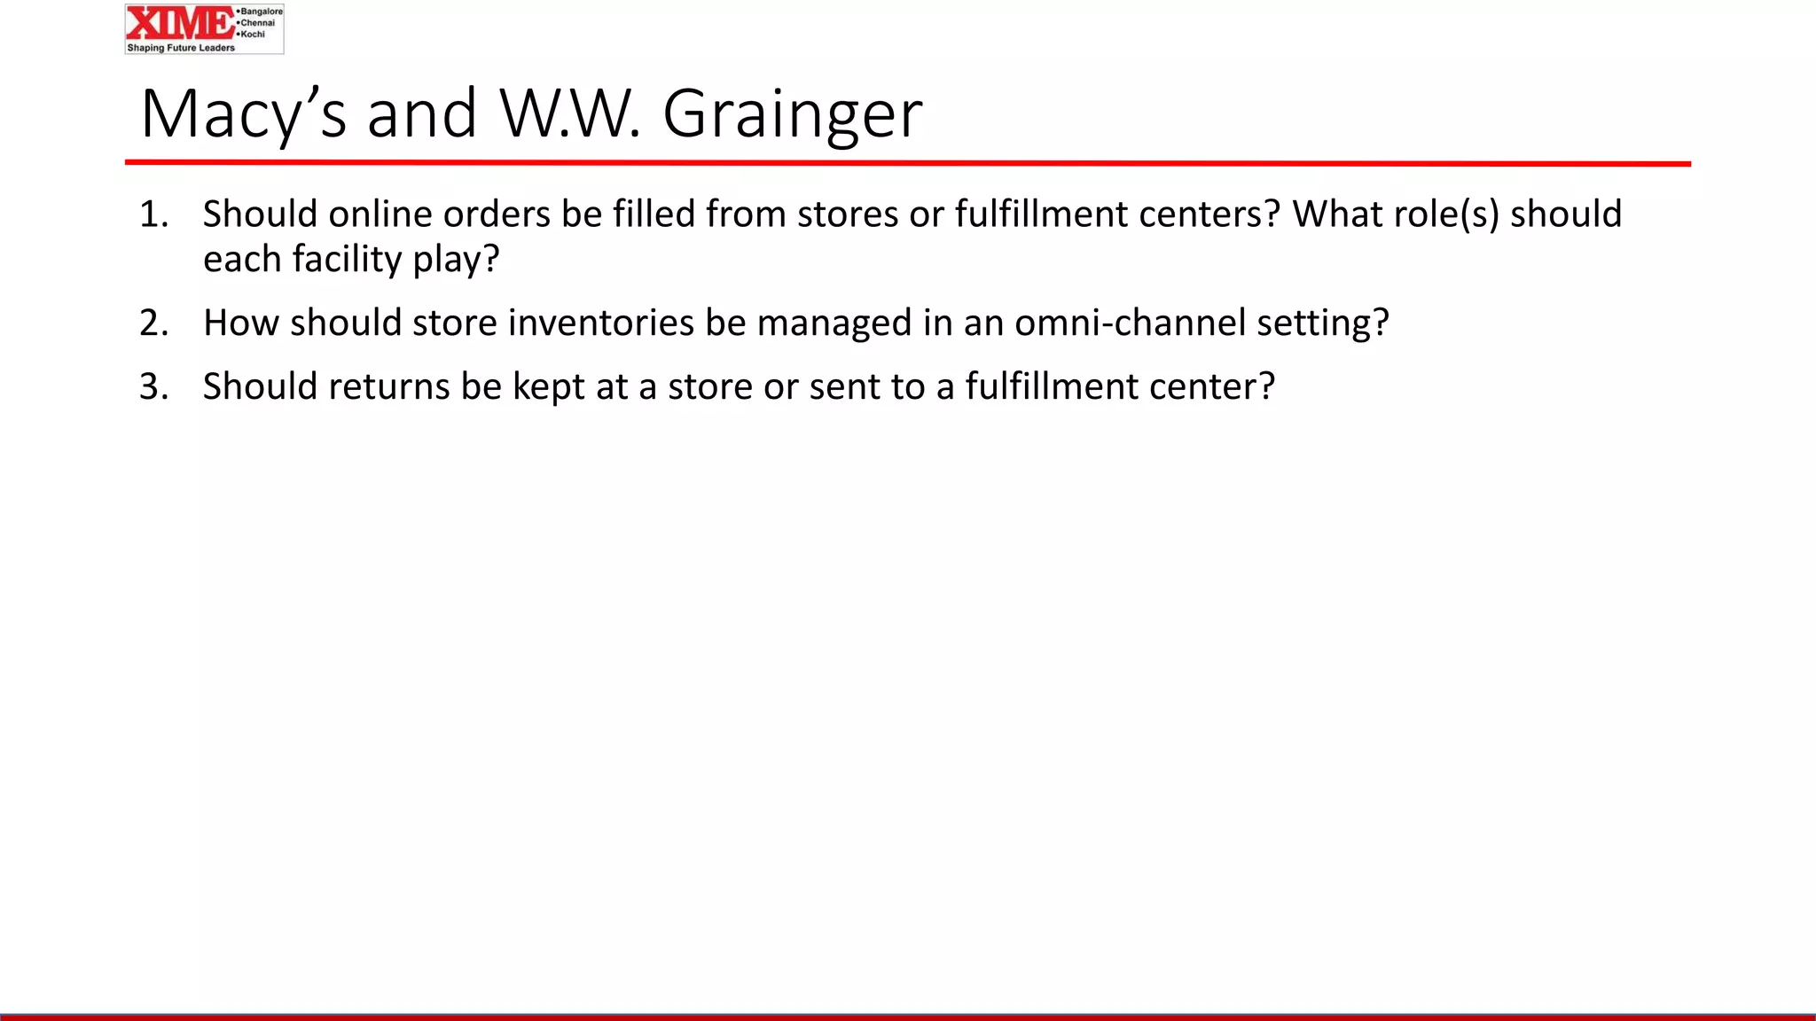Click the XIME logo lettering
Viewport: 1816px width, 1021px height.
180,23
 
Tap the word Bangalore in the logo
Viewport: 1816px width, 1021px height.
261,12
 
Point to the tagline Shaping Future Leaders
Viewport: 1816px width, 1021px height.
181,48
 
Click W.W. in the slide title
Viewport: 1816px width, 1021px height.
568,114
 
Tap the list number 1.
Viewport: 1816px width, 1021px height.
153,214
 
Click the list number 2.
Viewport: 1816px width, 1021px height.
153,323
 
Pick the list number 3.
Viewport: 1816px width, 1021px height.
153,386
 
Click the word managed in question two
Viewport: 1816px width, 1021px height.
834,323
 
